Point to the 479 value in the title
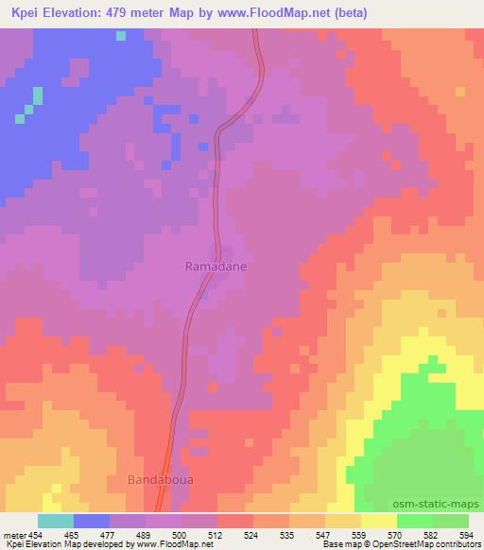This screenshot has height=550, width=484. (x=117, y=13)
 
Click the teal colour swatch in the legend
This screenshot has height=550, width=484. (x=55, y=521)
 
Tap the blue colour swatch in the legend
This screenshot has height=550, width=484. (x=91, y=521)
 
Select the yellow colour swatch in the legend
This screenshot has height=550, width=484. (x=378, y=521)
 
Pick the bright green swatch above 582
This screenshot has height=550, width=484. (x=414, y=521)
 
